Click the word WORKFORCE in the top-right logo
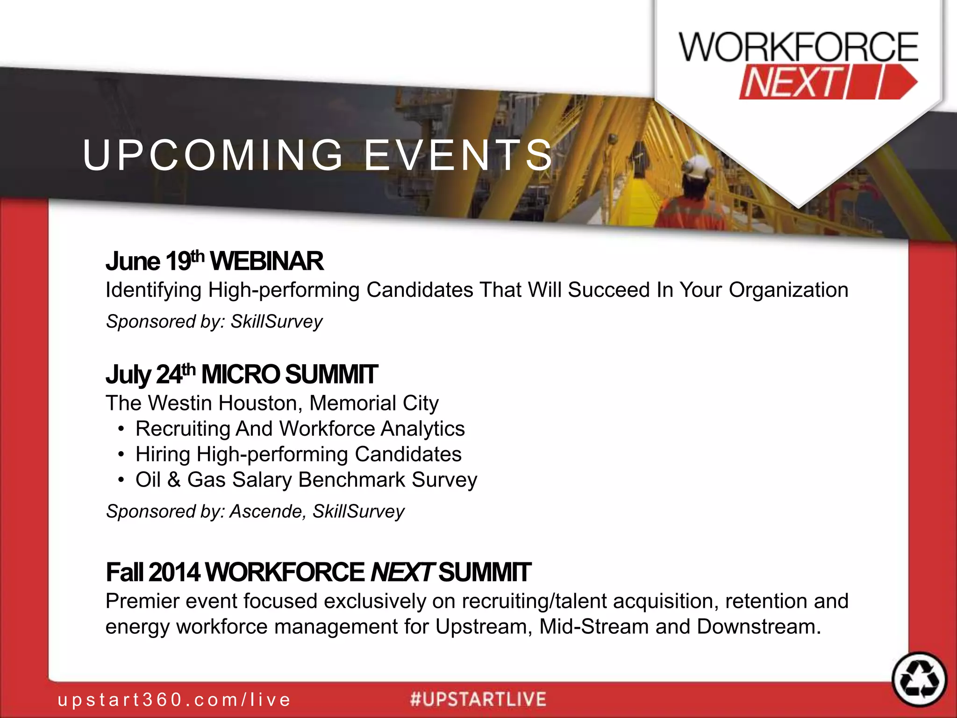click(798, 47)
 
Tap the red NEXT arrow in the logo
click(827, 83)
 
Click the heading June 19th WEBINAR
click(214, 261)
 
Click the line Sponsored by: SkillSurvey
click(214, 322)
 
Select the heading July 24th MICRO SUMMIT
click(241, 375)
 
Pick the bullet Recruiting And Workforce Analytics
click(300, 429)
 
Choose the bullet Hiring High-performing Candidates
click(298, 454)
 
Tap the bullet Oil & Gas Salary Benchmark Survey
click(306, 480)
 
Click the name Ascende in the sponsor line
click(267, 511)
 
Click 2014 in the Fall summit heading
click(174, 572)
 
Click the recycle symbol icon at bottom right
click(919, 679)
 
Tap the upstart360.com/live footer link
click(174, 700)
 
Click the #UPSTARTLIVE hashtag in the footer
click(478, 699)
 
